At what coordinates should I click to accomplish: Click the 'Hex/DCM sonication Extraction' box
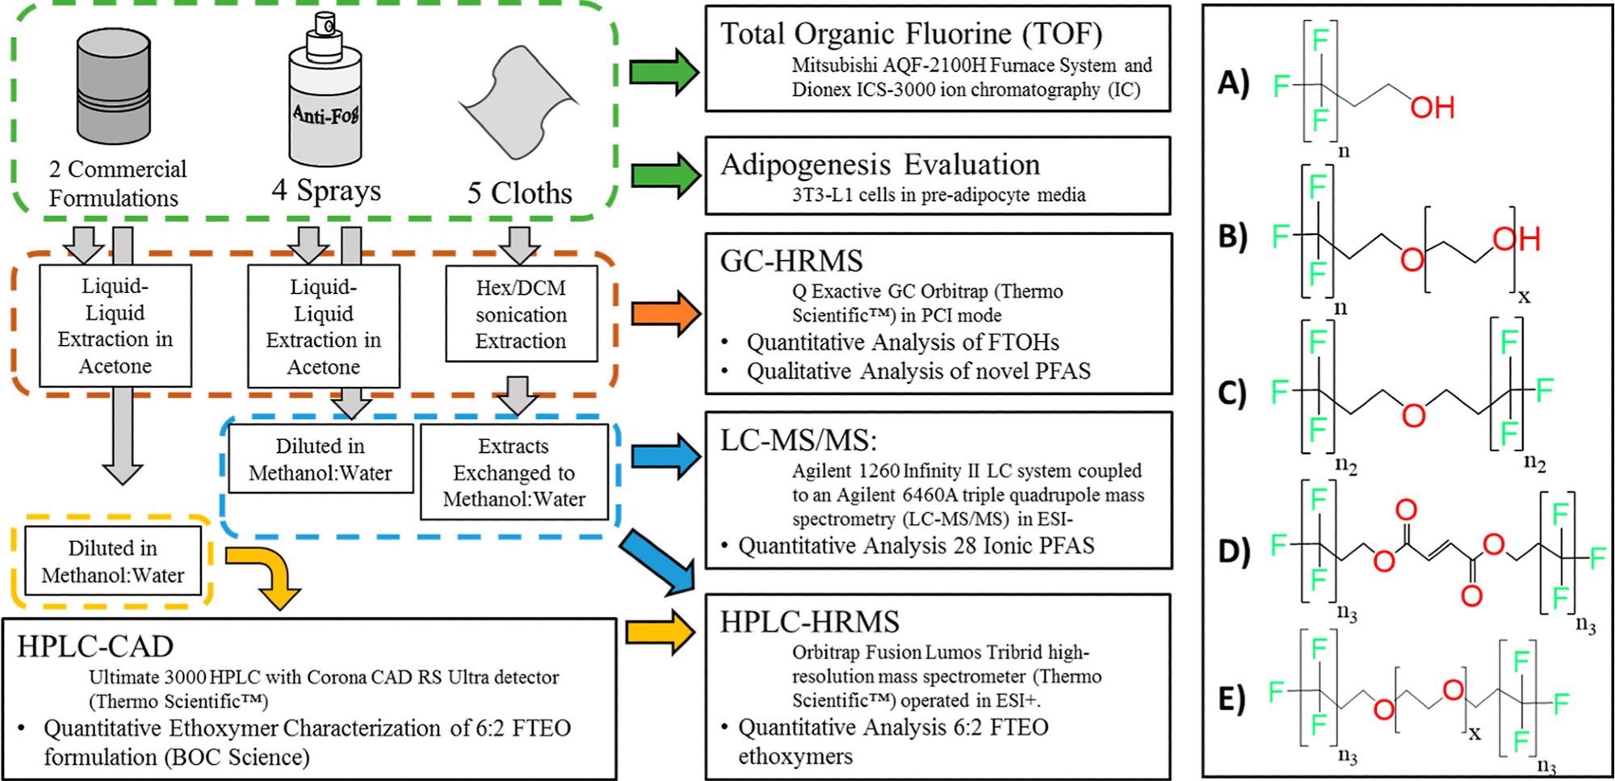click(x=521, y=314)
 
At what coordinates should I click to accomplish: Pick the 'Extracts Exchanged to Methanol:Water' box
click(x=514, y=472)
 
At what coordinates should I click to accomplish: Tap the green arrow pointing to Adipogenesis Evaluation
click(x=664, y=175)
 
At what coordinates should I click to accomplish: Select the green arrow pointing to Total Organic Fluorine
click(x=664, y=73)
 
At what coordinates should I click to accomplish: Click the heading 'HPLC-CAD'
click(x=95, y=646)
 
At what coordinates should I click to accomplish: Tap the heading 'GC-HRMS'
click(x=791, y=261)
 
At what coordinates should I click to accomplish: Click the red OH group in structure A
click(x=1433, y=107)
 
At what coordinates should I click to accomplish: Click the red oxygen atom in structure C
click(x=1413, y=415)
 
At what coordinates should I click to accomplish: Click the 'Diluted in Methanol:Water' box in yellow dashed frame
click(x=112, y=561)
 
